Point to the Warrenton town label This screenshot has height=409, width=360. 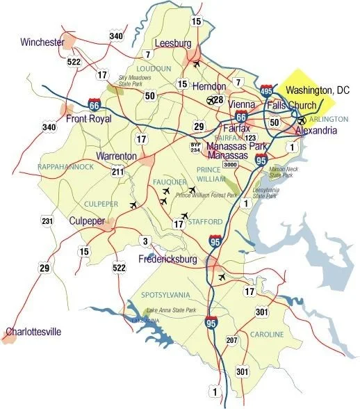[117, 155]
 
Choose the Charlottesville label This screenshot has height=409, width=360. [35, 332]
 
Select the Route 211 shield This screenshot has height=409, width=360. [117, 172]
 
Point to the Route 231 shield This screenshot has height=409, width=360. [47, 223]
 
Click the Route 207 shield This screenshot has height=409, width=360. [231, 340]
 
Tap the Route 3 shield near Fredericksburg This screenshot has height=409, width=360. [145, 241]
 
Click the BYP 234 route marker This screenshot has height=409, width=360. [195, 147]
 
